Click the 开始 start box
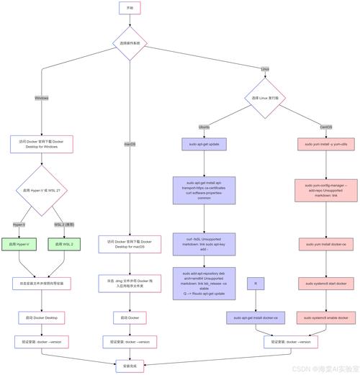tap(130, 8)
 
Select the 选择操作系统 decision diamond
tap(130, 43)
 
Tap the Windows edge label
tap(41, 98)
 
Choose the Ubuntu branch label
tap(204, 127)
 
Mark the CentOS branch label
tap(325, 127)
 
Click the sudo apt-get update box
tap(204, 144)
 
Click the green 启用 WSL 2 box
tap(65, 245)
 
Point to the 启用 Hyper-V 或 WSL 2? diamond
tap(41, 191)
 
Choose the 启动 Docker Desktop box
tap(41, 317)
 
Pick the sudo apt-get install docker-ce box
tap(256, 317)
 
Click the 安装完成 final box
tap(130, 366)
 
